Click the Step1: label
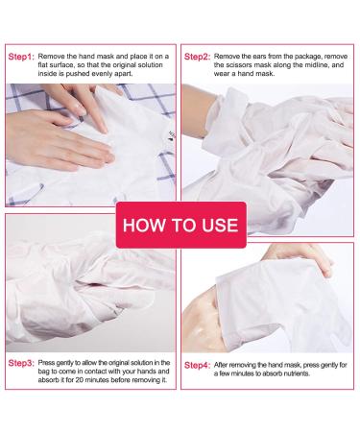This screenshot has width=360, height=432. [21, 57]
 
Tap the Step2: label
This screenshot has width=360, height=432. [197, 57]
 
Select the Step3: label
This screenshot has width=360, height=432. [21, 363]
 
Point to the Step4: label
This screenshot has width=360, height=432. [197, 365]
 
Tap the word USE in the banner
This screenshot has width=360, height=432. [220, 225]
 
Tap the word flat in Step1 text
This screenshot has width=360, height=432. [43, 65]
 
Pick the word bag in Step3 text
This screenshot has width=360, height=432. [43, 372]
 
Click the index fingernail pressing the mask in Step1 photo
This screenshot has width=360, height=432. [103, 129]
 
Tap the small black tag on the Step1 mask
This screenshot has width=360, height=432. [172, 135]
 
